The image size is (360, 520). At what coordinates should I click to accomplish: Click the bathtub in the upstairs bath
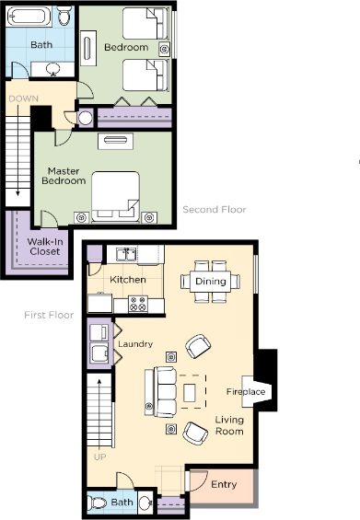[29, 17]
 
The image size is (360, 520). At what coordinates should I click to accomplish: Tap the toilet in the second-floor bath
[64, 16]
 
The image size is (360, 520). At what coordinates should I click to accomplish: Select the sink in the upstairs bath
[52, 69]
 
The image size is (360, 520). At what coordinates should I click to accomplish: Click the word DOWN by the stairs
[24, 98]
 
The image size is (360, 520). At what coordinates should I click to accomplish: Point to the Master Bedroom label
[64, 176]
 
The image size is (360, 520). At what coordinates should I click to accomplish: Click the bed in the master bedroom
[115, 196]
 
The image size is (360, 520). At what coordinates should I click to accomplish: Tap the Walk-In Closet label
[45, 247]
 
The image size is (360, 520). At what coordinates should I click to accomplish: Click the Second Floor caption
[215, 210]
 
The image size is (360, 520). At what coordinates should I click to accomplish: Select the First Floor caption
[49, 315]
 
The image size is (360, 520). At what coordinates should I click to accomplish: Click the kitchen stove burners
[138, 304]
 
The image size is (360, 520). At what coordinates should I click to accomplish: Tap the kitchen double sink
[126, 254]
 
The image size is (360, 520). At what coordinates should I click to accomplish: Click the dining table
[210, 282]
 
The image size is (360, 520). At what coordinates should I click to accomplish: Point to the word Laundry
[135, 344]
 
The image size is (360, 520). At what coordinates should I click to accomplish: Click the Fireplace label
[246, 392]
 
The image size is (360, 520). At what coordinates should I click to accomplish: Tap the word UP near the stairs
[99, 457]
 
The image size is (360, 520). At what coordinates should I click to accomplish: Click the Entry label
[224, 484]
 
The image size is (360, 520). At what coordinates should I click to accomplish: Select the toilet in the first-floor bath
[97, 503]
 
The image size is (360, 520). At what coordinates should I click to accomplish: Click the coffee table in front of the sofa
[190, 392]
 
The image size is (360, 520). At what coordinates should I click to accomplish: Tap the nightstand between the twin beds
[164, 50]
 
